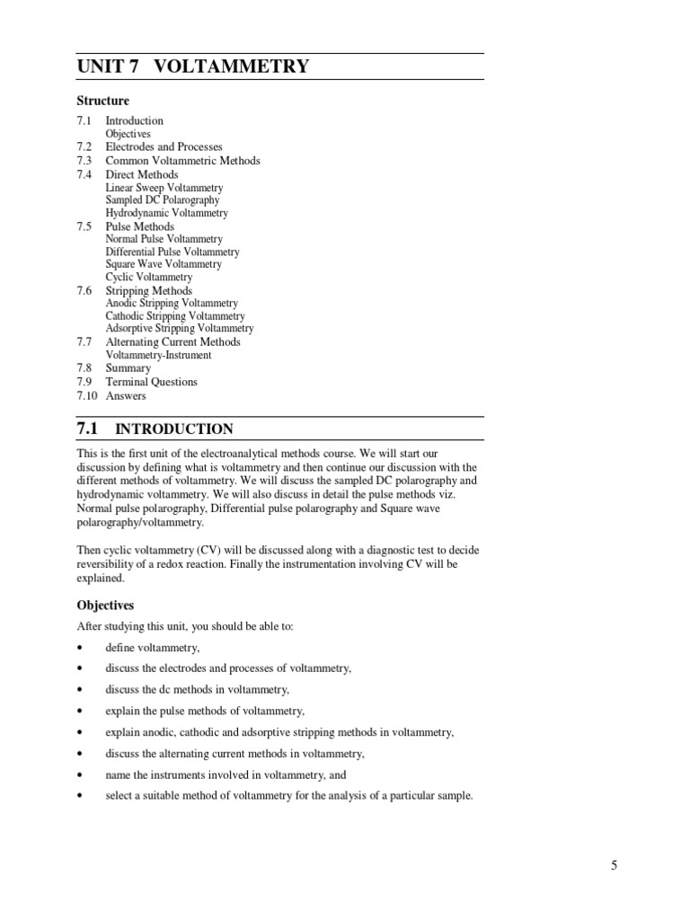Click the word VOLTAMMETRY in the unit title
233,66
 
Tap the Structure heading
103,101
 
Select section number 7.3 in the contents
84,161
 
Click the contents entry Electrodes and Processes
164,146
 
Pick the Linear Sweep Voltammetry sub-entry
164,188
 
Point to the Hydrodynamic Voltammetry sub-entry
166,213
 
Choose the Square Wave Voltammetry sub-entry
163,264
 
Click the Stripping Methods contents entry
148,291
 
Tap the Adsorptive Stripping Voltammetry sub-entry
180,329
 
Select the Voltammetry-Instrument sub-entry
158,355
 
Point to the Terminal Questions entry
151,382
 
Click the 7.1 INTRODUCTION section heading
155,429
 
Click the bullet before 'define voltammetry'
81,648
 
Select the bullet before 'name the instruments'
81,774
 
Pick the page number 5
614,865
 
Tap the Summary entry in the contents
128,368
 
